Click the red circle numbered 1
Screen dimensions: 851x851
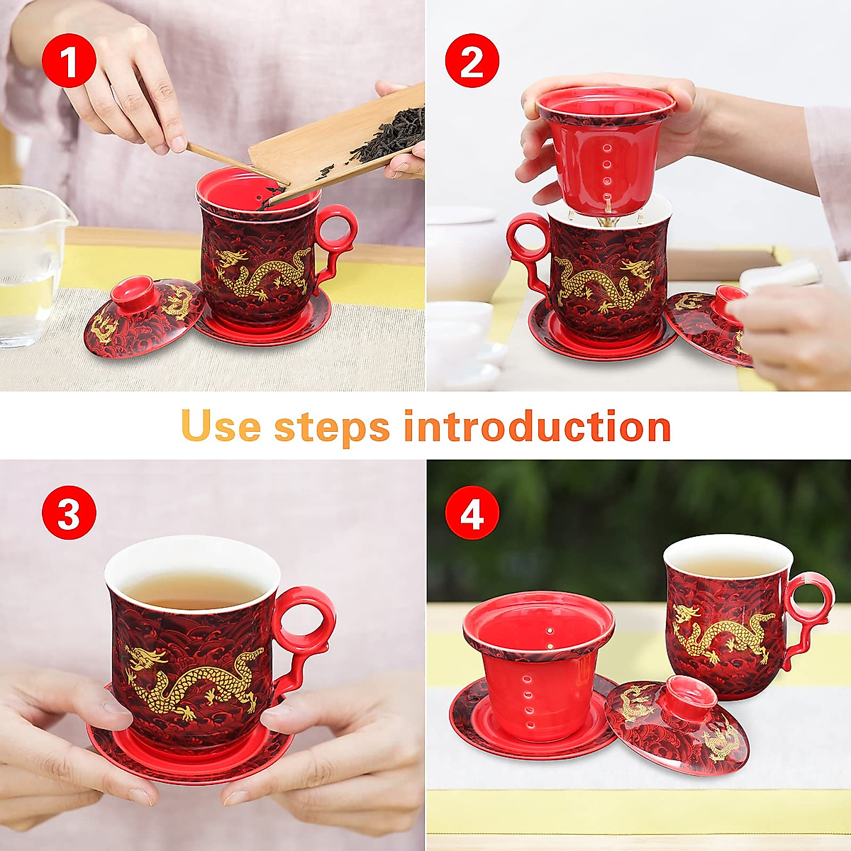[x=69, y=62]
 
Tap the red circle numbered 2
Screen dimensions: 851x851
[x=472, y=62]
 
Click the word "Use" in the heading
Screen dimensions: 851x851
[x=221, y=426]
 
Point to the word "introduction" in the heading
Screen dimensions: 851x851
[x=537, y=426]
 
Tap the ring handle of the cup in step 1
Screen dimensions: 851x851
[x=336, y=231]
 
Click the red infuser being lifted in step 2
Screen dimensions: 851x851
[x=605, y=149]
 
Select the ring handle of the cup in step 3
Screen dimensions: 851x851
[x=304, y=624]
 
